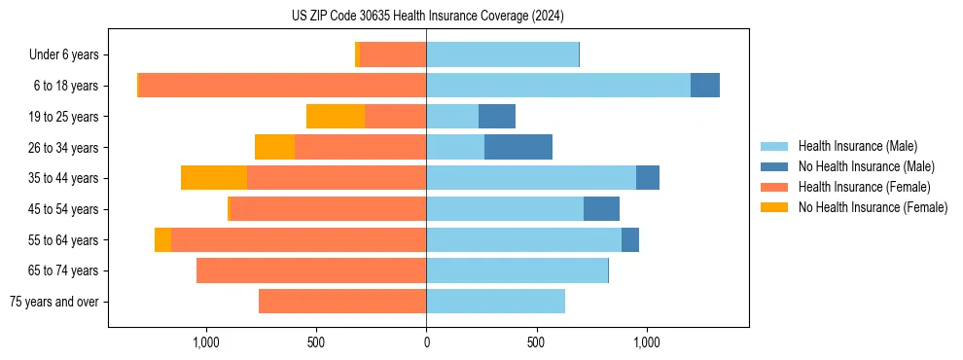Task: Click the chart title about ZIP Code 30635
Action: pos(427,17)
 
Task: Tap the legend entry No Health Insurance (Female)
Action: pos(873,207)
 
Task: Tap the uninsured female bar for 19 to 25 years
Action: pos(336,117)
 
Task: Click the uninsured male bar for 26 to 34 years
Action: pos(518,147)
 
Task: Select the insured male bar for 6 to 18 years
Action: pos(558,86)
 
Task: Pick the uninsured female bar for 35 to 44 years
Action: pos(214,178)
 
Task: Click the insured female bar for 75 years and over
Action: pos(342,302)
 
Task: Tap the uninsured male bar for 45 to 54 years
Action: pos(601,209)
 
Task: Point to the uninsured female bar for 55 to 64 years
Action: pos(162,239)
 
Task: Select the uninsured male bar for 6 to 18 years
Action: pos(705,86)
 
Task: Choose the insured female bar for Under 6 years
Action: pos(393,55)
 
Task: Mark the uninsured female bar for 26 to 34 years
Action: pos(274,147)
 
